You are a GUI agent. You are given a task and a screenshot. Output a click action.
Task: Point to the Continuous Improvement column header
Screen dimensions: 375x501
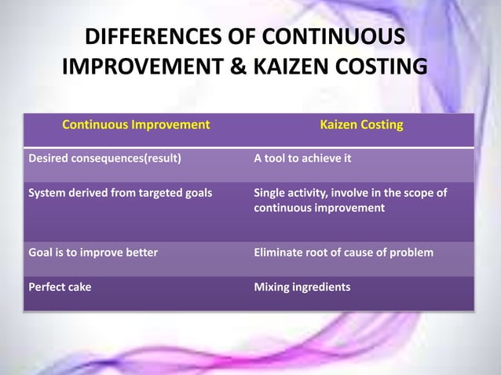click(x=136, y=124)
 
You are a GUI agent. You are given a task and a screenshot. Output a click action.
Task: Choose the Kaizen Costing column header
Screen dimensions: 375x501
click(x=361, y=124)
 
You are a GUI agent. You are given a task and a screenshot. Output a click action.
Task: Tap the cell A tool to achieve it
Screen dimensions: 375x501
click(x=302, y=158)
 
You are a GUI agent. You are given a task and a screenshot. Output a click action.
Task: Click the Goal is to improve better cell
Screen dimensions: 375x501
click(x=93, y=252)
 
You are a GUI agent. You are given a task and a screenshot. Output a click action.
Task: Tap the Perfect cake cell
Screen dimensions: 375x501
click(x=60, y=286)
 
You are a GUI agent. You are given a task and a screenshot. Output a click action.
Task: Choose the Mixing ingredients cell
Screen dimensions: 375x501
click(x=302, y=286)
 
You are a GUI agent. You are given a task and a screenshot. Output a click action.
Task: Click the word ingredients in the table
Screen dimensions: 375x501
click(x=321, y=286)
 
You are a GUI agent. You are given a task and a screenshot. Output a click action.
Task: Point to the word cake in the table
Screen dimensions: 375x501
click(x=78, y=286)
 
